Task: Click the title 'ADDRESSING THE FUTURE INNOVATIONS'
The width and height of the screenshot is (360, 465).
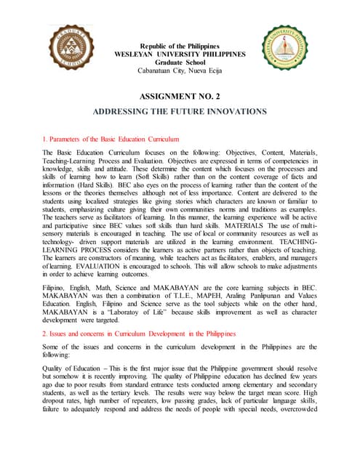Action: [180, 113]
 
